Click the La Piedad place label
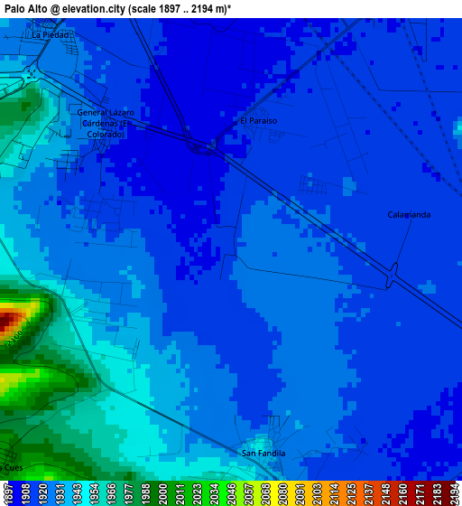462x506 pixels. pyautogui.click(x=50, y=34)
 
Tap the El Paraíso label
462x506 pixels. pyautogui.click(x=258, y=120)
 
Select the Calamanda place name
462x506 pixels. pyautogui.click(x=409, y=214)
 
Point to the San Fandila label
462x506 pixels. pyautogui.click(x=263, y=453)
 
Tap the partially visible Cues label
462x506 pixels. pyautogui.click(x=12, y=467)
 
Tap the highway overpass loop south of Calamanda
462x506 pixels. pyautogui.click(x=391, y=276)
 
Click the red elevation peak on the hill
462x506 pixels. pyautogui.click(x=7, y=319)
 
